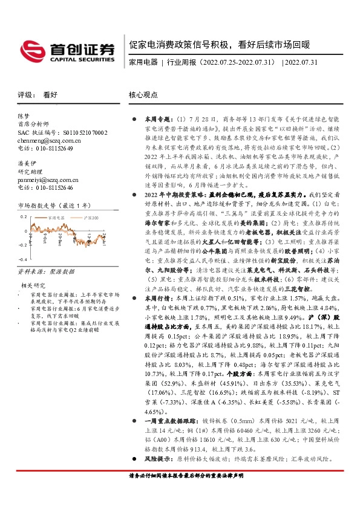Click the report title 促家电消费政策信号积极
[182, 45]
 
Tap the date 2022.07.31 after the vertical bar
[303, 62]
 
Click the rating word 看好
[50, 95]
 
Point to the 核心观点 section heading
[143, 95]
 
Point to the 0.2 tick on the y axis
[23, 216]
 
